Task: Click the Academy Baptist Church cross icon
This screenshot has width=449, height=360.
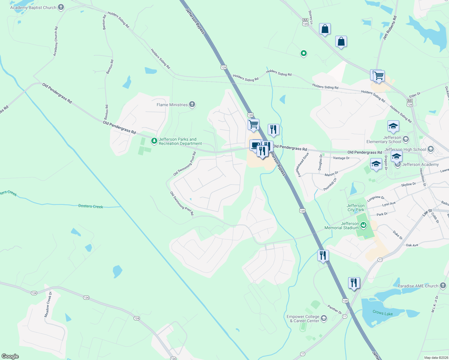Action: tap(61, 7)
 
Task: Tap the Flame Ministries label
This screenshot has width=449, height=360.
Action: tap(172, 105)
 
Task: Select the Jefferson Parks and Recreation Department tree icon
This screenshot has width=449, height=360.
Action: tap(154, 141)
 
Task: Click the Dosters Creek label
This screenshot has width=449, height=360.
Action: tap(90, 206)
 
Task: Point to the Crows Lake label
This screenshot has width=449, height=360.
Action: tap(382, 313)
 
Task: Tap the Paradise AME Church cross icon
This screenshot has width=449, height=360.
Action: tap(443, 286)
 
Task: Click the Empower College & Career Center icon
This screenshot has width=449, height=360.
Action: tap(324, 318)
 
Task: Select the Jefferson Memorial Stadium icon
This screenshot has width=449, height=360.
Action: tap(364, 225)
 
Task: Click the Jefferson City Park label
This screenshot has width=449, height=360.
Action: tap(356, 208)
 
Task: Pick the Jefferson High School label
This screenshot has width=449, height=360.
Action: tap(405, 149)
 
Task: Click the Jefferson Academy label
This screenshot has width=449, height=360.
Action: tap(420, 164)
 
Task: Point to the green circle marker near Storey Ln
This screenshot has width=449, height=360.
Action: tap(303, 53)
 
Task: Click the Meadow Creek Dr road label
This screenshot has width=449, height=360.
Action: tap(48, 304)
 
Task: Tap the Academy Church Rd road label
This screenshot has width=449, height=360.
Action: tap(56, 41)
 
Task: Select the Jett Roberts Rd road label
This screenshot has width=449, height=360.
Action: tap(390, 28)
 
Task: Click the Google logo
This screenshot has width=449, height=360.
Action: tap(10, 356)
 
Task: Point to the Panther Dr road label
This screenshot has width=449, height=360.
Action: tap(334, 309)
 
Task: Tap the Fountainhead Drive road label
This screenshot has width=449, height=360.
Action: tap(302, 165)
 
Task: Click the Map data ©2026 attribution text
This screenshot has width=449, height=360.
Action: tap(435, 358)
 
